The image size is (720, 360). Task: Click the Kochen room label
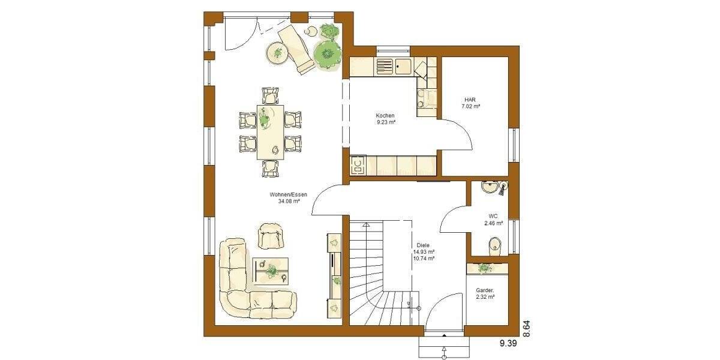[385, 115]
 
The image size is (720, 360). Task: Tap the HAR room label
[470, 100]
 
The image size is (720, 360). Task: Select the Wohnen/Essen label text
[289, 195]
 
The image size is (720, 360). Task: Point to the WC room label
[493, 216]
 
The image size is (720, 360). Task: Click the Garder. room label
[485, 290]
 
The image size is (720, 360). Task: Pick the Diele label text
[423, 245]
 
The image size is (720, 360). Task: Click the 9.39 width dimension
[508, 343]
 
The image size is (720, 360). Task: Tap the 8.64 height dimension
[526, 330]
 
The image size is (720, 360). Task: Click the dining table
[271, 132]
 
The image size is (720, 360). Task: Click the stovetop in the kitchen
[358, 164]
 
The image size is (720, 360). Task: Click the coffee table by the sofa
[271, 270]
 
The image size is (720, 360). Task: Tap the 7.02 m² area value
[470, 106]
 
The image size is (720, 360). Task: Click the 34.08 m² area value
[289, 202]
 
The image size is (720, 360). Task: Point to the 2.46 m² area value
[493, 223]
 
